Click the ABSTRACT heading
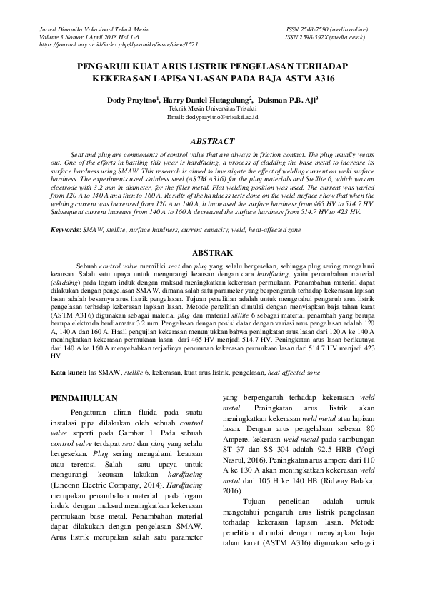212,141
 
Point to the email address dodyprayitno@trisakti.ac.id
211,116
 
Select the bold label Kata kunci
68,373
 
